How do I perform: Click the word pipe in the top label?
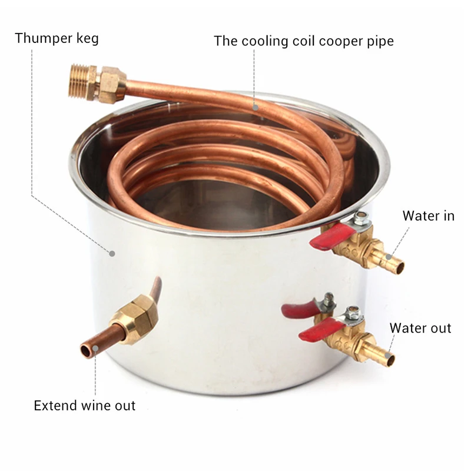[x=379, y=41]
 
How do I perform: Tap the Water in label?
[x=428, y=215]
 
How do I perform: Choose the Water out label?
[x=420, y=328]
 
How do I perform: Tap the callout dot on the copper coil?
[x=256, y=107]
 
